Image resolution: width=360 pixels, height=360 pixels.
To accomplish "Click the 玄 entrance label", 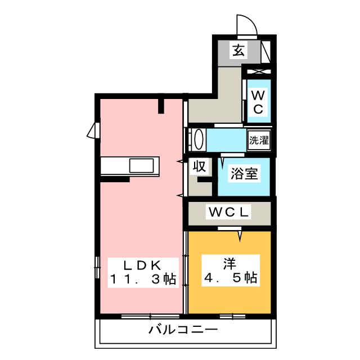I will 238,51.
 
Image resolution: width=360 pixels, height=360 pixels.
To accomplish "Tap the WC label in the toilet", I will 257,101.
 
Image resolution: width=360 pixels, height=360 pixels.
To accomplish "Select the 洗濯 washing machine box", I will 259,140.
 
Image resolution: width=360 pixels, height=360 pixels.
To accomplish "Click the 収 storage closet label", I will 199,166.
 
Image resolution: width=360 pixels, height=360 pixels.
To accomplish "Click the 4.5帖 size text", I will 229,278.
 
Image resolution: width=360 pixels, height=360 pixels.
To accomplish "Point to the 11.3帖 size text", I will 142,278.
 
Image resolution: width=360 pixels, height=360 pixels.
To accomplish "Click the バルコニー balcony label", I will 183,330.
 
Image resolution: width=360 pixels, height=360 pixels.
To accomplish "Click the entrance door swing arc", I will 246,25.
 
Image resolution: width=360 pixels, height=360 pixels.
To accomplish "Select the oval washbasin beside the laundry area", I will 197,139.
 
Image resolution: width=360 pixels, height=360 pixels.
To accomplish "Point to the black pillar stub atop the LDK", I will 161,104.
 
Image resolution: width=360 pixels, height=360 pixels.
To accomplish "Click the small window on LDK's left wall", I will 92,130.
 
